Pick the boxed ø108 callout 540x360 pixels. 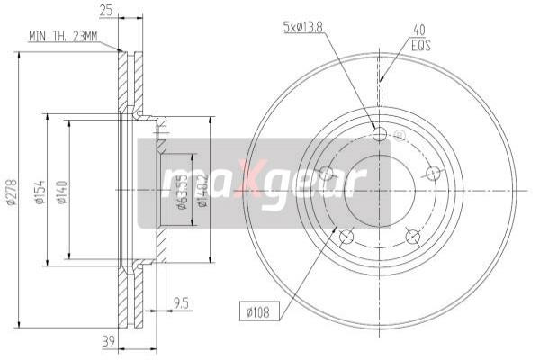point(258,312)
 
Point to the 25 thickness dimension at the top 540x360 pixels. point(107,10)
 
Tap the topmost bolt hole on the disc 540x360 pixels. point(379,135)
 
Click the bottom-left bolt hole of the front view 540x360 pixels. point(346,237)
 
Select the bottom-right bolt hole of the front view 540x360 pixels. point(413,237)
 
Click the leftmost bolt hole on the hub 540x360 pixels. point(326,174)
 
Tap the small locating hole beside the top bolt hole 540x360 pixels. point(399,136)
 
